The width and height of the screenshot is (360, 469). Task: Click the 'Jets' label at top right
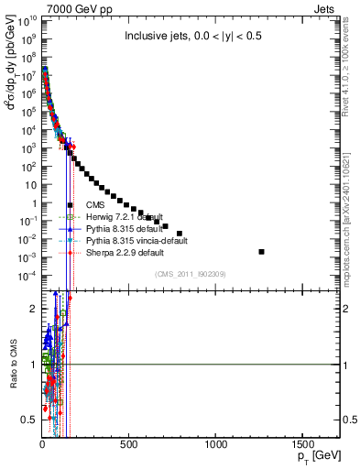(327, 7)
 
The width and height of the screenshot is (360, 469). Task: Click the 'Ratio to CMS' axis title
(12, 364)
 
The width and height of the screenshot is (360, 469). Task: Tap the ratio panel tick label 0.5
(30, 420)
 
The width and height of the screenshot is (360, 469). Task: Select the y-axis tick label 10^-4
(27, 276)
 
